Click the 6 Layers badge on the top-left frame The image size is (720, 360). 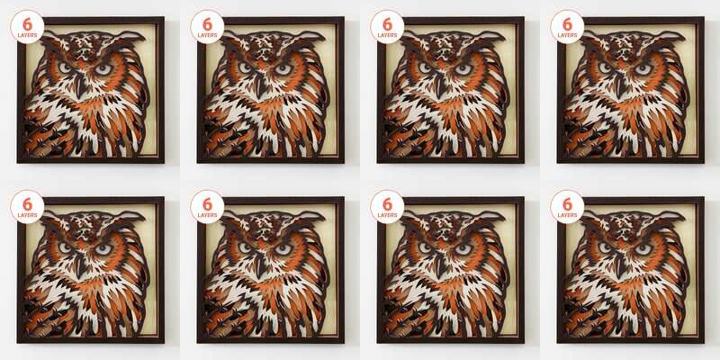(x=27, y=27)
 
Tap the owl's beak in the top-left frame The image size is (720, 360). (x=81, y=85)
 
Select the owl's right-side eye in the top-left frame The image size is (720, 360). (x=103, y=69)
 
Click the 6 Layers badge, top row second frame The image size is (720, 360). (x=207, y=27)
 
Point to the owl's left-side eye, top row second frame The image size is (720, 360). (x=245, y=67)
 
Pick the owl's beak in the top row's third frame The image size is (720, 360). (x=441, y=85)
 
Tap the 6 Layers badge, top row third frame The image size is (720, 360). (x=387, y=27)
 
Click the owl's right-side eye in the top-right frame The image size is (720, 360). (x=643, y=69)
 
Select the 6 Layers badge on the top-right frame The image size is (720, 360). (x=567, y=27)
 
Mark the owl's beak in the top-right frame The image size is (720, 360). (x=621, y=85)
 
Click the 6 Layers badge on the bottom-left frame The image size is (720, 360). (x=27, y=207)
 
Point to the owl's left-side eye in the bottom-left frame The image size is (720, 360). (x=65, y=247)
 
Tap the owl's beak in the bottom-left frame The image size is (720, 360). (x=81, y=265)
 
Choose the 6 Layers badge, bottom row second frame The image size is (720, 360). (x=207, y=207)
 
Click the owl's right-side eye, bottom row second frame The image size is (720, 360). (x=283, y=249)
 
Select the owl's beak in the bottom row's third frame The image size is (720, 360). (x=441, y=265)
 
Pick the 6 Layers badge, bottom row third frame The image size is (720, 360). (x=387, y=207)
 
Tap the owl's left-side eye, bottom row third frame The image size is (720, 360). (x=425, y=247)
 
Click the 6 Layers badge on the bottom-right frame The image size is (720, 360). (x=567, y=207)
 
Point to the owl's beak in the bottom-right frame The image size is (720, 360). (x=621, y=265)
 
